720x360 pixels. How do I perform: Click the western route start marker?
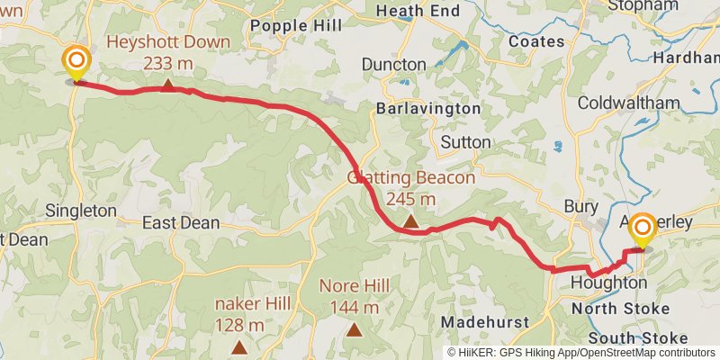(x=76, y=63)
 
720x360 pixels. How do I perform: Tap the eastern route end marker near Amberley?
(x=643, y=230)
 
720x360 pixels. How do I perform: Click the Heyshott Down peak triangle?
(x=168, y=85)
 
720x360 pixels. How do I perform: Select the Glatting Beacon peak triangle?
(x=410, y=220)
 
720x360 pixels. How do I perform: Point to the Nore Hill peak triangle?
(x=355, y=330)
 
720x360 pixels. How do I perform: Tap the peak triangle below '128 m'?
(x=239, y=347)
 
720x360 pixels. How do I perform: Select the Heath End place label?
(x=417, y=11)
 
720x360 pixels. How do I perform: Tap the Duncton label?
(x=393, y=65)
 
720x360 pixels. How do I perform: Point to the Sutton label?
(x=466, y=142)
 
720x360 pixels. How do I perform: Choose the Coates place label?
(x=536, y=41)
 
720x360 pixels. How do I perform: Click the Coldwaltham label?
(x=628, y=103)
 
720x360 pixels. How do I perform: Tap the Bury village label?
(x=580, y=206)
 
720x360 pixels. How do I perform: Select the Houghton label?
(x=608, y=283)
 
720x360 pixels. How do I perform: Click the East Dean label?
(x=181, y=221)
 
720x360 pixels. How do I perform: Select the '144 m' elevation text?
(x=355, y=308)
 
